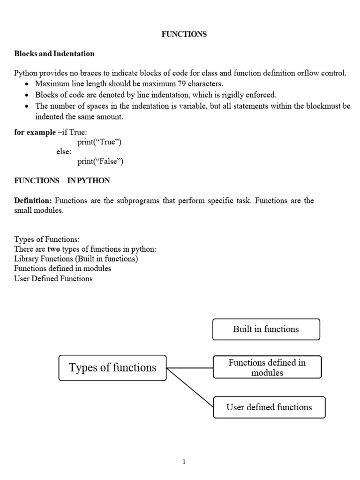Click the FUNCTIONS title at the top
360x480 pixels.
pos(184,34)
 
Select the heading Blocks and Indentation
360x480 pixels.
pos(54,53)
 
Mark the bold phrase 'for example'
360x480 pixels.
pos(35,132)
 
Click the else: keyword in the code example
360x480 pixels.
pos(64,152)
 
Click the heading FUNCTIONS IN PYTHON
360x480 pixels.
pos(62,180)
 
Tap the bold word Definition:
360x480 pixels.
pos(34,201)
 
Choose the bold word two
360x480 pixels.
pos(53,249)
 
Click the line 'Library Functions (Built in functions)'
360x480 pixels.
pos(76,259)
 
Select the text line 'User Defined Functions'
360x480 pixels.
pos(53,278)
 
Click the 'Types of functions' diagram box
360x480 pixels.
pos(112,368)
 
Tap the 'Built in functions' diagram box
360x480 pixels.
pos(266,329)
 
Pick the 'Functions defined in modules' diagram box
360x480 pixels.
pos(267,367)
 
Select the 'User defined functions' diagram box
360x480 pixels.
pos(269,407)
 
